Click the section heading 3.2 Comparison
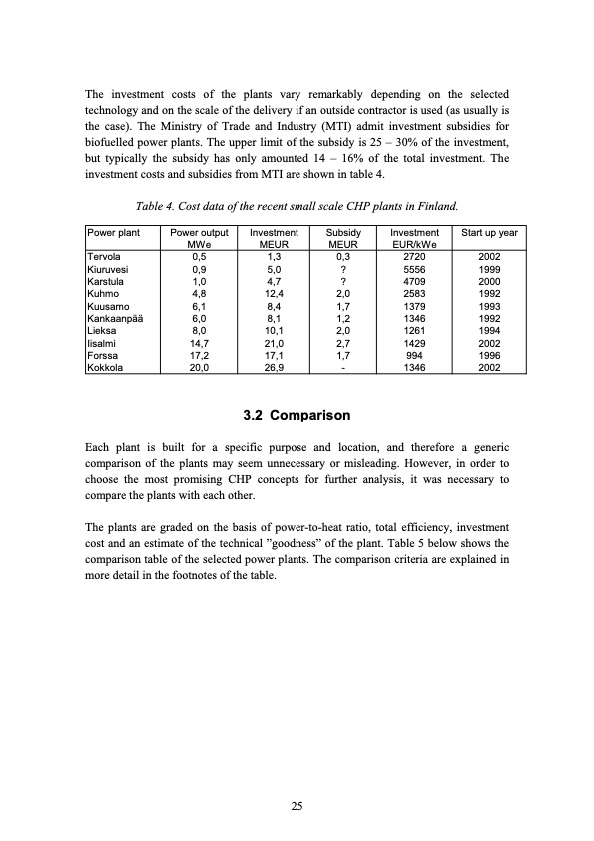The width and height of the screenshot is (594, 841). click(297, 415)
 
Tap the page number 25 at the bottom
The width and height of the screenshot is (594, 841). click(297, 806)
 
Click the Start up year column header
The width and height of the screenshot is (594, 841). click(486, 232)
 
